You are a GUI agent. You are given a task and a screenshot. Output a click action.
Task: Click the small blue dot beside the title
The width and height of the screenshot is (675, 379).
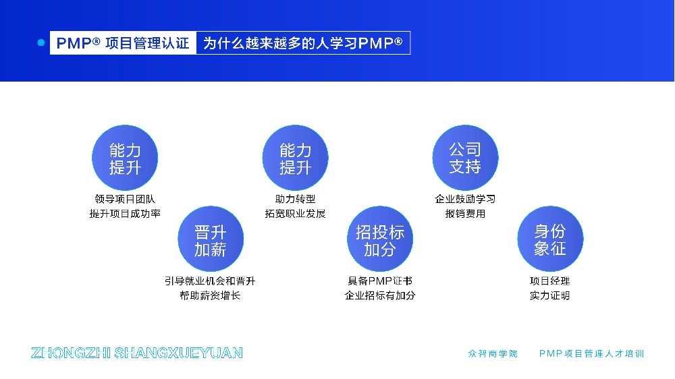tap(40, 42)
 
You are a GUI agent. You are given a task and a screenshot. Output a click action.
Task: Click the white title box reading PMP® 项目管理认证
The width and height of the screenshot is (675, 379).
tap(123, 43)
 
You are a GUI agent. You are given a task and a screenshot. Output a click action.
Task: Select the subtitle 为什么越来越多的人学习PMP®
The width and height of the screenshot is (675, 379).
tap(302, 43)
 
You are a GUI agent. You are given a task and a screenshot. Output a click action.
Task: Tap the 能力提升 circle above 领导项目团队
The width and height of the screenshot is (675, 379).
tap(125, 158)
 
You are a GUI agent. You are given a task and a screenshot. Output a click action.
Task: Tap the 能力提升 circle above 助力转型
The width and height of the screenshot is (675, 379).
tap(295, 158)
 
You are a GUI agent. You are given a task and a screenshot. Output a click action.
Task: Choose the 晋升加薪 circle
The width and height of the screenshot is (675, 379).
tap(210, 239)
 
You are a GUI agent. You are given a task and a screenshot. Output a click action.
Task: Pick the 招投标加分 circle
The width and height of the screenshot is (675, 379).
tap(380, 239)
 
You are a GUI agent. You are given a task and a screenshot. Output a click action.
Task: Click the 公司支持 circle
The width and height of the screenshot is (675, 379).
tap(465, 158)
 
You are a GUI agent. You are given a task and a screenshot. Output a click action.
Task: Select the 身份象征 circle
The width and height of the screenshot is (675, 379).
tap(550, 239)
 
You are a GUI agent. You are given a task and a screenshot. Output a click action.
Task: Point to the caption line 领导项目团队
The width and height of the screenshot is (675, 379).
tap(125, 199)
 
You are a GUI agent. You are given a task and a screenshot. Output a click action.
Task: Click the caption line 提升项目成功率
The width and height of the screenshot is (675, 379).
tap(125, 214)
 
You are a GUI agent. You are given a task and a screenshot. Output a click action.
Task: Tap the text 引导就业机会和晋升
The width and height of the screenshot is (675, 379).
tap(210, 281)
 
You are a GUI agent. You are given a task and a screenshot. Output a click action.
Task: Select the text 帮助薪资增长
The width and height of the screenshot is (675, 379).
tap(210, 295)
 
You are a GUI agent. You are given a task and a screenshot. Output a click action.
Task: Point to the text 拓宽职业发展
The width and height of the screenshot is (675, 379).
tap(295, 214)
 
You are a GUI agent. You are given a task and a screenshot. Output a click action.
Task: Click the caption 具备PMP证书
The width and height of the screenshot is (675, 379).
tap(380, 281)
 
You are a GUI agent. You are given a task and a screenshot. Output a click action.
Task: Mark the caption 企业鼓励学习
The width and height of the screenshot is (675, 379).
tap(465, 199)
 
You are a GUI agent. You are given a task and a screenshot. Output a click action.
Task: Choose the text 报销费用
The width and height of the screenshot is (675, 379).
tap(465, 214)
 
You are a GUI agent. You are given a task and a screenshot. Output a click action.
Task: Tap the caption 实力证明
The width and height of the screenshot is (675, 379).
tap(550, 295)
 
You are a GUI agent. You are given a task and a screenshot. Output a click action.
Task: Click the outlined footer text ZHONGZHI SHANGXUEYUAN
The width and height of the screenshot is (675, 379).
tap(137, 353)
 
